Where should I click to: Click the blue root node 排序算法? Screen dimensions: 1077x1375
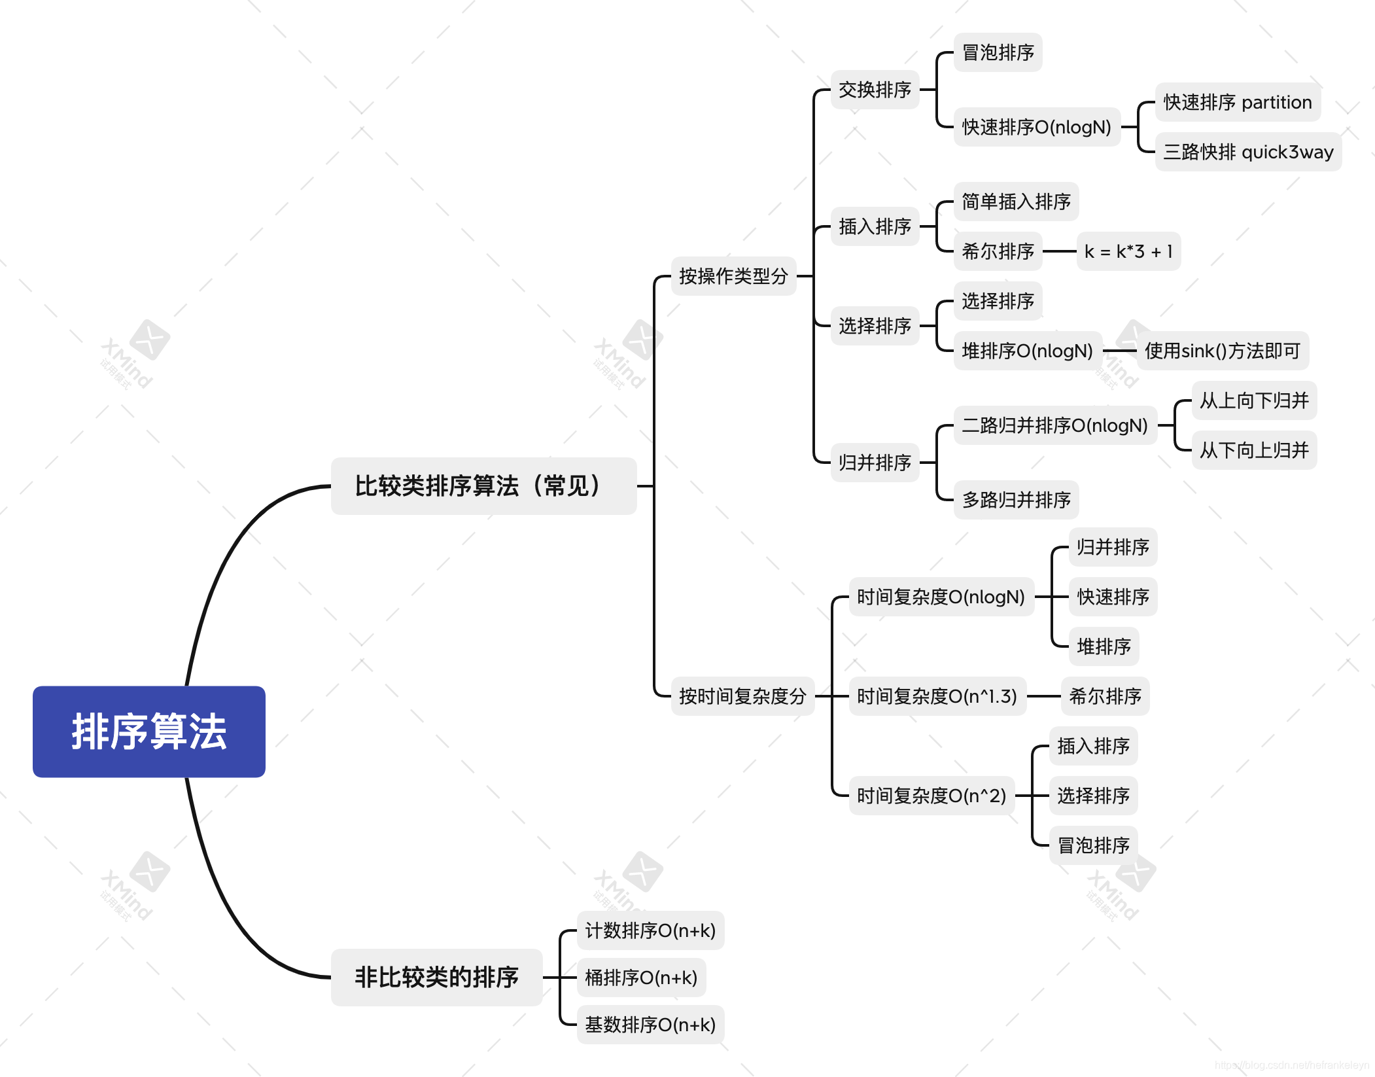click(x=149, y=732)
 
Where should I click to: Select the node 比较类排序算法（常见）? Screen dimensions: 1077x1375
click(x=483, y=486)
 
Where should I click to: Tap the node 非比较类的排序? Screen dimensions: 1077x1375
click(x=436, y=978)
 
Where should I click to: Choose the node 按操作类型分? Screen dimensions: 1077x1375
click(x=733, y=276)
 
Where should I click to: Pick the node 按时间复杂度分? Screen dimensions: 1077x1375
click(x=742, y=696)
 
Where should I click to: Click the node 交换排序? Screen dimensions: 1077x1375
click(x=875, y=90)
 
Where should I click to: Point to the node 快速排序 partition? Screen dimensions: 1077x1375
click(x=1238, y=102)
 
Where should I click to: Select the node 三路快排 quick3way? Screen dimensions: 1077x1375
click(x=1248, y=152)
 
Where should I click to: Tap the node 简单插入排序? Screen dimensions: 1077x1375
click(x=1016, y=202)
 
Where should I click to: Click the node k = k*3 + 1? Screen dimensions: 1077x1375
click(x=1128, y=251)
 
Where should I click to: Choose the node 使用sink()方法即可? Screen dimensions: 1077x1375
click(x=1222, y=351)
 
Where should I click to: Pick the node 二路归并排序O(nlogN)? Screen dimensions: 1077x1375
click(x=1054, y=425)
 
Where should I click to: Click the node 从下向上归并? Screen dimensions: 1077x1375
click(x=1254, y=450)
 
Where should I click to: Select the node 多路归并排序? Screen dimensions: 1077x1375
click(x=1016, y=500)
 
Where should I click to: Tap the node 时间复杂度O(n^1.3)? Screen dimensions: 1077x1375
click(x=937, y=696)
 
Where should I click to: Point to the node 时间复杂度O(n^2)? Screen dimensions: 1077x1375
click(x=931, y=796)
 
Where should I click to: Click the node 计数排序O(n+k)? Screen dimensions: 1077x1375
click(x=650, y=930)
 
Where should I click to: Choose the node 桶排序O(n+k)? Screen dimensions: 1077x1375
click(x=641, y=978)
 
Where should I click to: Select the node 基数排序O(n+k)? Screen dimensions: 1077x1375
click(x=650, y=1025)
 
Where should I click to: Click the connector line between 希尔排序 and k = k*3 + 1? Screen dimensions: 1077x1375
click(x=1059, y=251)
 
